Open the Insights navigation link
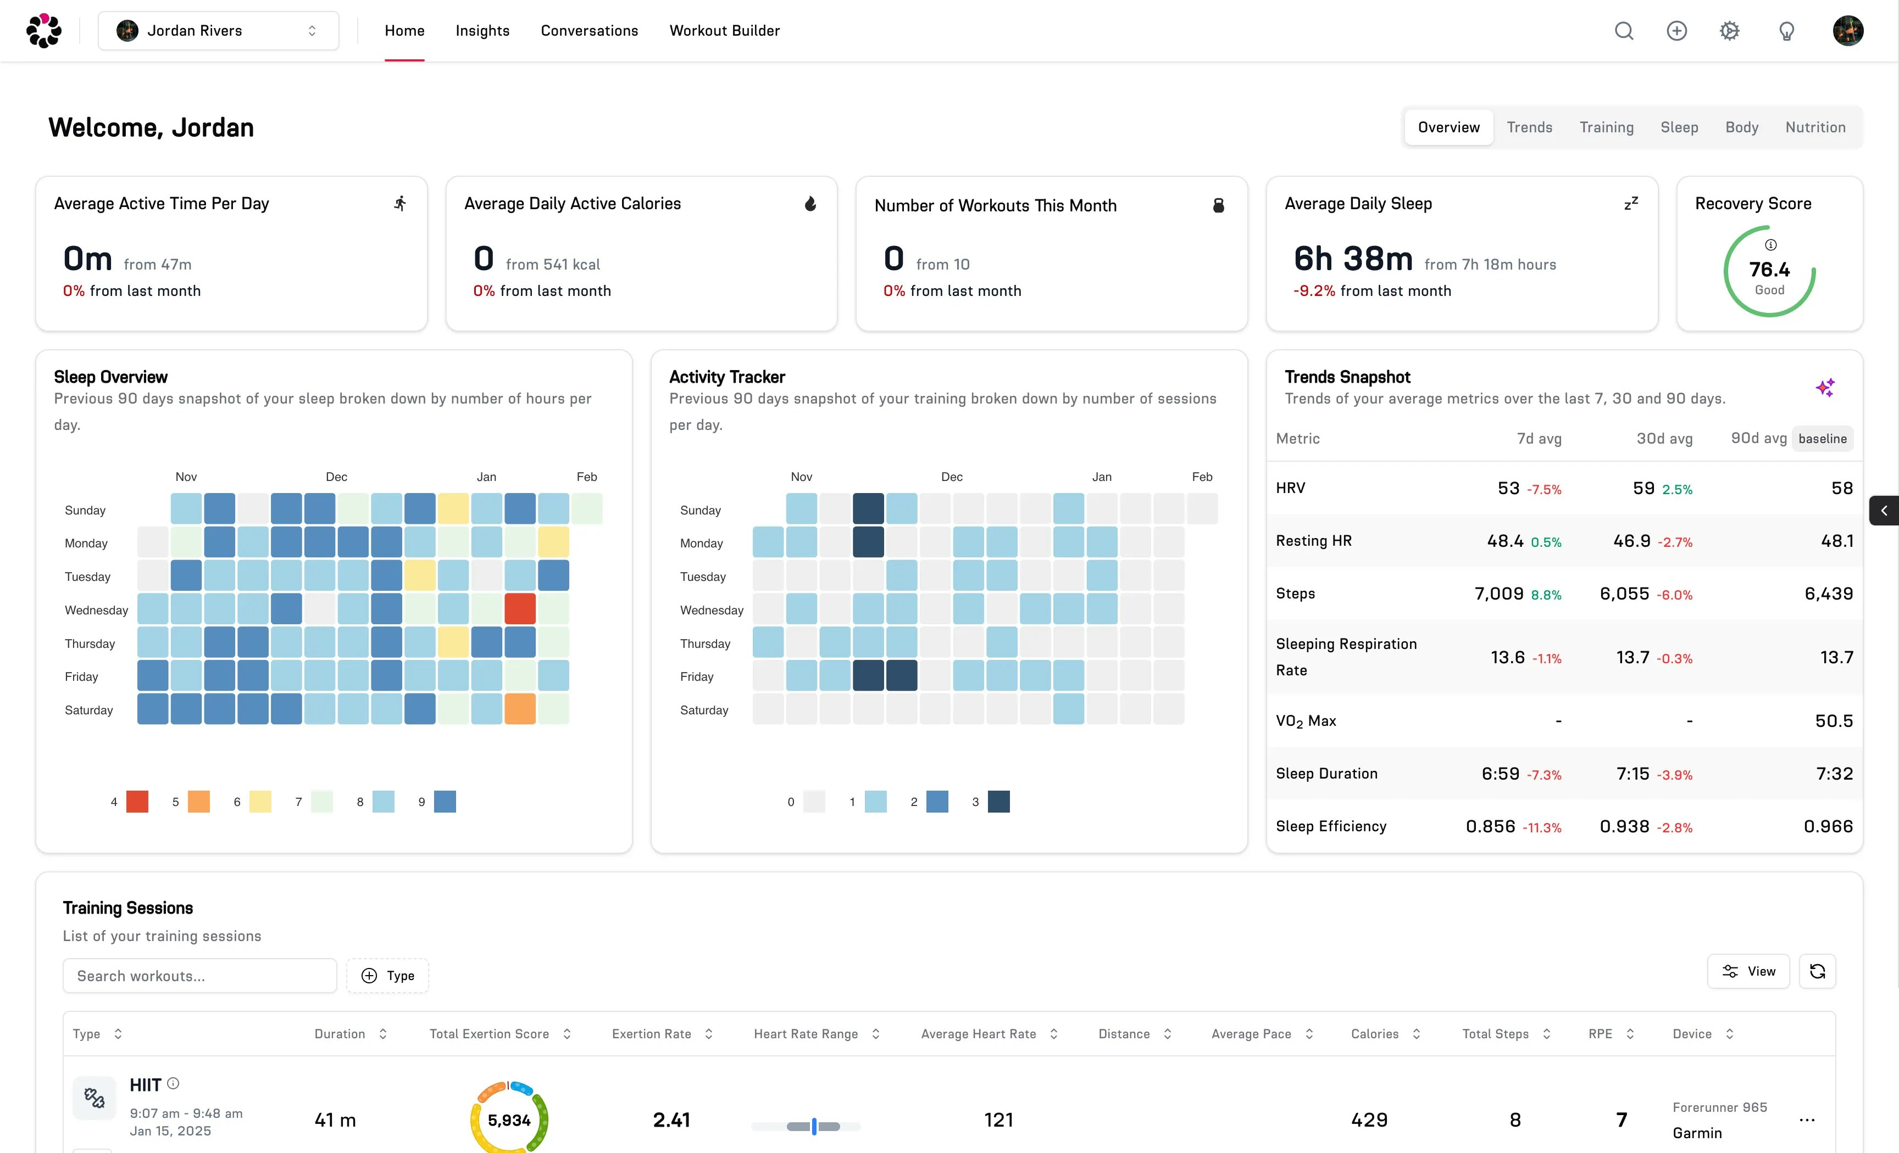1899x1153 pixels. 482,31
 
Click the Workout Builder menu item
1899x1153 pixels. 724,31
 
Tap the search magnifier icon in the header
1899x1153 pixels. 1624,31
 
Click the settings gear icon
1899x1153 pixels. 1729,31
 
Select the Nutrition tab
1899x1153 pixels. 1815,127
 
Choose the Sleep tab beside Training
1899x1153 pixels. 1679,127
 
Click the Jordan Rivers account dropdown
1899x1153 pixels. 218,31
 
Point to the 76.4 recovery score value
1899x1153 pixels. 1769,270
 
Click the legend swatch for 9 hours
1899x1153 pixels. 445,802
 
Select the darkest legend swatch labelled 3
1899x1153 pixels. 999,802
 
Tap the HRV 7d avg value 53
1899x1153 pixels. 1508,488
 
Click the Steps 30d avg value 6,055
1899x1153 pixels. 1624,594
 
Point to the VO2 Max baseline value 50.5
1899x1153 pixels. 1834,721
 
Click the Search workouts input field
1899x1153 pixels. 199,976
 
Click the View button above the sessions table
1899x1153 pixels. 1748,971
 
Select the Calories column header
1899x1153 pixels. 1374,1034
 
